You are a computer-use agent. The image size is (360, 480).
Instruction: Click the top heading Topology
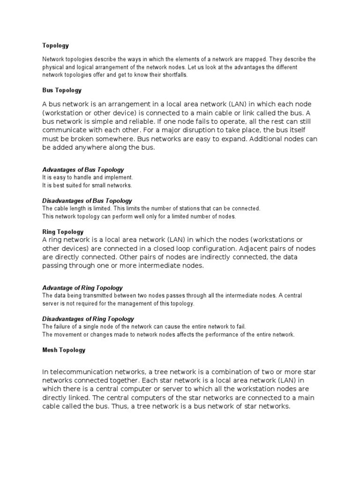click(55, 45)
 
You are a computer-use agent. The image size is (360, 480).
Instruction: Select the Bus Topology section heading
click(62, 90)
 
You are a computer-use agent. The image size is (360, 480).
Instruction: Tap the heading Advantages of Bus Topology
click(83, 169)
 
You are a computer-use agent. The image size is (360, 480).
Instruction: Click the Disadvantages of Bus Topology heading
click(87, 200)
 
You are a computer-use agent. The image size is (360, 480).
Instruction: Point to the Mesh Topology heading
click(64, 350)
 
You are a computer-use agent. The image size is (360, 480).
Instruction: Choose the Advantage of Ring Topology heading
click(82, 287)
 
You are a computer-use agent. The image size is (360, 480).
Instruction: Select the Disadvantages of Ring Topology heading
click(88, 319)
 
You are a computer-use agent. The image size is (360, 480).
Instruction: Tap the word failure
click(62, 326)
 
